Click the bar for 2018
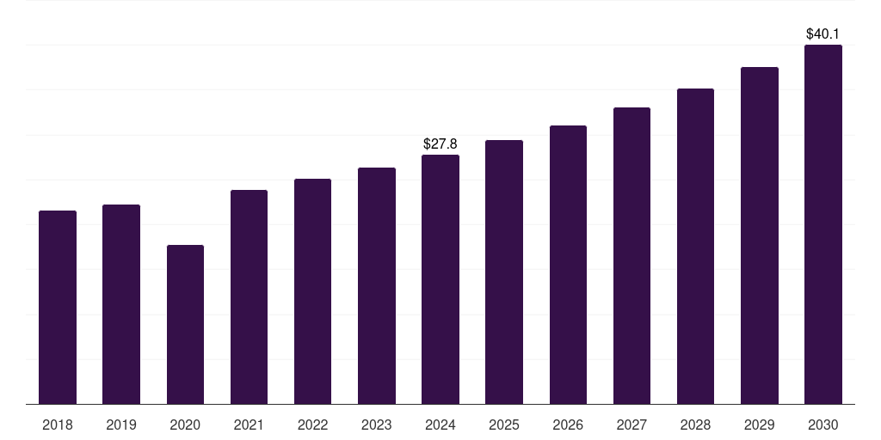coord(58,307)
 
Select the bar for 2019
coord(121,304)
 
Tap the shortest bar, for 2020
coord(185,324)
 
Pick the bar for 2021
coord(249,296)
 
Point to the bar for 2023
coord(377,285)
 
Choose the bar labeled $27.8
coord(440,279)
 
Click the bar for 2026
coord(568,265)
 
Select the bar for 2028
coord(695,246)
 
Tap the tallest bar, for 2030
coord(823,224)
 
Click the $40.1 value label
coord(823,34)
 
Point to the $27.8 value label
coord(440,144)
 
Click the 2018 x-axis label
coord(58,425)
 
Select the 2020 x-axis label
coord(185,425)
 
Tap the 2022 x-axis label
coord(312,425)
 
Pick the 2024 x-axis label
coord(440,425)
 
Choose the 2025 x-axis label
coord(504,425)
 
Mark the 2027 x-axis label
coord(631,425)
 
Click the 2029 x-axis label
coord(760,425)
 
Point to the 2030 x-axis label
coord(823,425)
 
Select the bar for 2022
coord(312,291)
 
